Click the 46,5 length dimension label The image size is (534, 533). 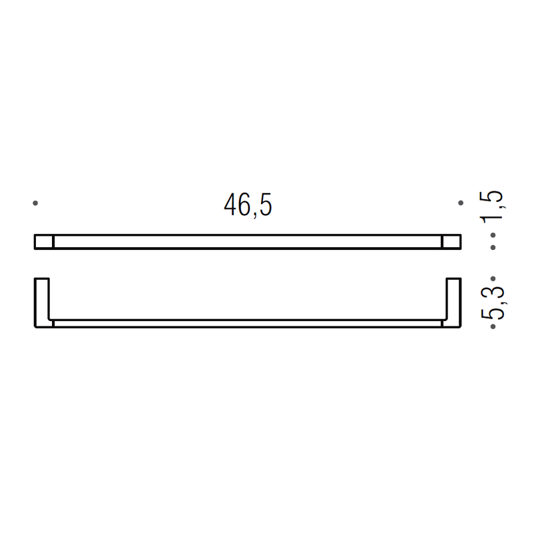tap(248, 206)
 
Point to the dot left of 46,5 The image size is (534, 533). tap(35, 203)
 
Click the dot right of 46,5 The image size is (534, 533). tap(459, 203)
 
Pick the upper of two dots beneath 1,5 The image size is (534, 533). tap(493, 235)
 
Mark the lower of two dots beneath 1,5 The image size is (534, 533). tap(493, 248)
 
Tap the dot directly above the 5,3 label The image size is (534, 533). tap(493, 278)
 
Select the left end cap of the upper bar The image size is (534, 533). tap(44, 242)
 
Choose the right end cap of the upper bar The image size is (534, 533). tap(451, 242)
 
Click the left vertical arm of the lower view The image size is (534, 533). tap(42, 302)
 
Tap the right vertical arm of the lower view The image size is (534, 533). tap(453, 302)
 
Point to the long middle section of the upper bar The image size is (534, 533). tap(248, 242)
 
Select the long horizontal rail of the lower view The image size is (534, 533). tap(248, 324)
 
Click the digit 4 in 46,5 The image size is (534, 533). tap(230, 206)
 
